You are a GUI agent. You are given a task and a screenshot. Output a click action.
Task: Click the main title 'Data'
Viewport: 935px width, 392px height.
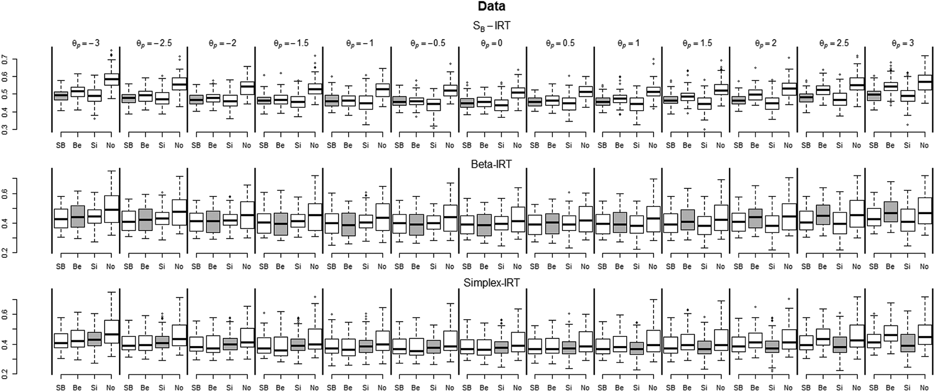point(491,7)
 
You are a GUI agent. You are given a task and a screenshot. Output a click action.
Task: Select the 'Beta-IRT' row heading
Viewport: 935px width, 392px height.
point(491,164)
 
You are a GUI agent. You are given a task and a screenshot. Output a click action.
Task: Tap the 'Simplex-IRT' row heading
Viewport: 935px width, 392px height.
point(491,283)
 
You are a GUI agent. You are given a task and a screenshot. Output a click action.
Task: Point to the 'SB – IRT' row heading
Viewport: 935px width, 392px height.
point(491,26)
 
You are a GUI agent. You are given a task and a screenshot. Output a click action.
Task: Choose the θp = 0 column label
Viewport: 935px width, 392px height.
point(492,43)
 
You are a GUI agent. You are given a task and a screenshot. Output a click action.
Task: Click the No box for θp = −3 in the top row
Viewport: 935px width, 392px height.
point(111,79)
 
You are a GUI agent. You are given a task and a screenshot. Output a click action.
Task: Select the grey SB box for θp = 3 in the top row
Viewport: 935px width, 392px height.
point(874,96)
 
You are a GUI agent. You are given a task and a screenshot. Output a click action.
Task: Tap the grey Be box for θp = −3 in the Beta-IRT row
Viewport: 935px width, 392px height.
point(77,217)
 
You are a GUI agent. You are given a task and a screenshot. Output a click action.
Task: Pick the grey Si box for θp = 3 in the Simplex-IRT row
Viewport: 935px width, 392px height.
point(907,343)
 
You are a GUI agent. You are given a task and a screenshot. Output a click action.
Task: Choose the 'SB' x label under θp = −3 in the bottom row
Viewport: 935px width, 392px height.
point(60,388)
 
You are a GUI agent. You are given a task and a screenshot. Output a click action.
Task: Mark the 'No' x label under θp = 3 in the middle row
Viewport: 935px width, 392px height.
point(924,266)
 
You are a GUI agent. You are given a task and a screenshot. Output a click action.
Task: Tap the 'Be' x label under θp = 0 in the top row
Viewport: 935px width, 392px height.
point(484,145)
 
